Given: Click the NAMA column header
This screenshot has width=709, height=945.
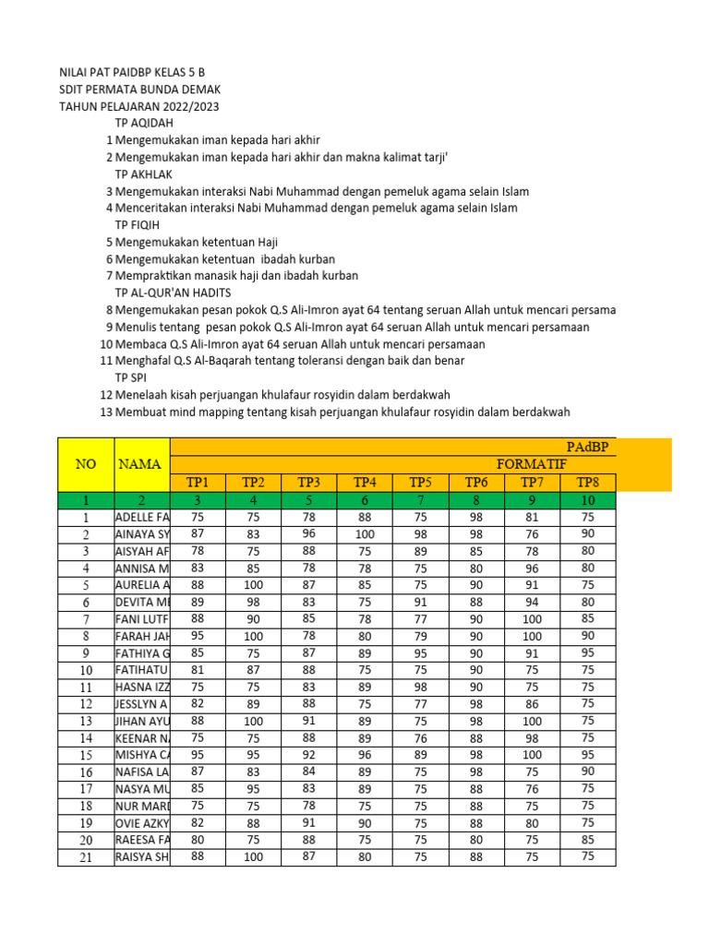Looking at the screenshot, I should point(139,464).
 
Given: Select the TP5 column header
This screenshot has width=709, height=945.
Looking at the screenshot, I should point(421,482).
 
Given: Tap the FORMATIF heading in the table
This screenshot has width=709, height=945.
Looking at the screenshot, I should point(531,464).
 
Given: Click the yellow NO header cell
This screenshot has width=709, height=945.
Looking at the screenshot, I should point(85,464).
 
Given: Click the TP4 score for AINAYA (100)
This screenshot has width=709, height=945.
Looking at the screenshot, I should point(365,534).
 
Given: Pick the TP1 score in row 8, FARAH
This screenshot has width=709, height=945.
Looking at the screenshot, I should point(198,636).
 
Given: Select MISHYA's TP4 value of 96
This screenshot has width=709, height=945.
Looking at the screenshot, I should point(365,754).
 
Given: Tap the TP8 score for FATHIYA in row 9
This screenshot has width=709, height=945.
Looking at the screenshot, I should point(587,652).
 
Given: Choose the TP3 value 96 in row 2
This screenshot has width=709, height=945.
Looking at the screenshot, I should point(308,534).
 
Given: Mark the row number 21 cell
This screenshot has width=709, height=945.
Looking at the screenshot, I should point(85,856).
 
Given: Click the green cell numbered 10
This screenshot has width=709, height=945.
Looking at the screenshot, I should point(587,500).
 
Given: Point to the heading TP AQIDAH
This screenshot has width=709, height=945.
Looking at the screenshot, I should point(144,123).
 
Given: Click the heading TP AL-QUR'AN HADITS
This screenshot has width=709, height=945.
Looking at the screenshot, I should point(172,293).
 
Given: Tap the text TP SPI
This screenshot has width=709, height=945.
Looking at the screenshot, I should point(131,377).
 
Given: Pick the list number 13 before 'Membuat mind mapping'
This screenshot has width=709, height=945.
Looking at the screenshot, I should point(105,412).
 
